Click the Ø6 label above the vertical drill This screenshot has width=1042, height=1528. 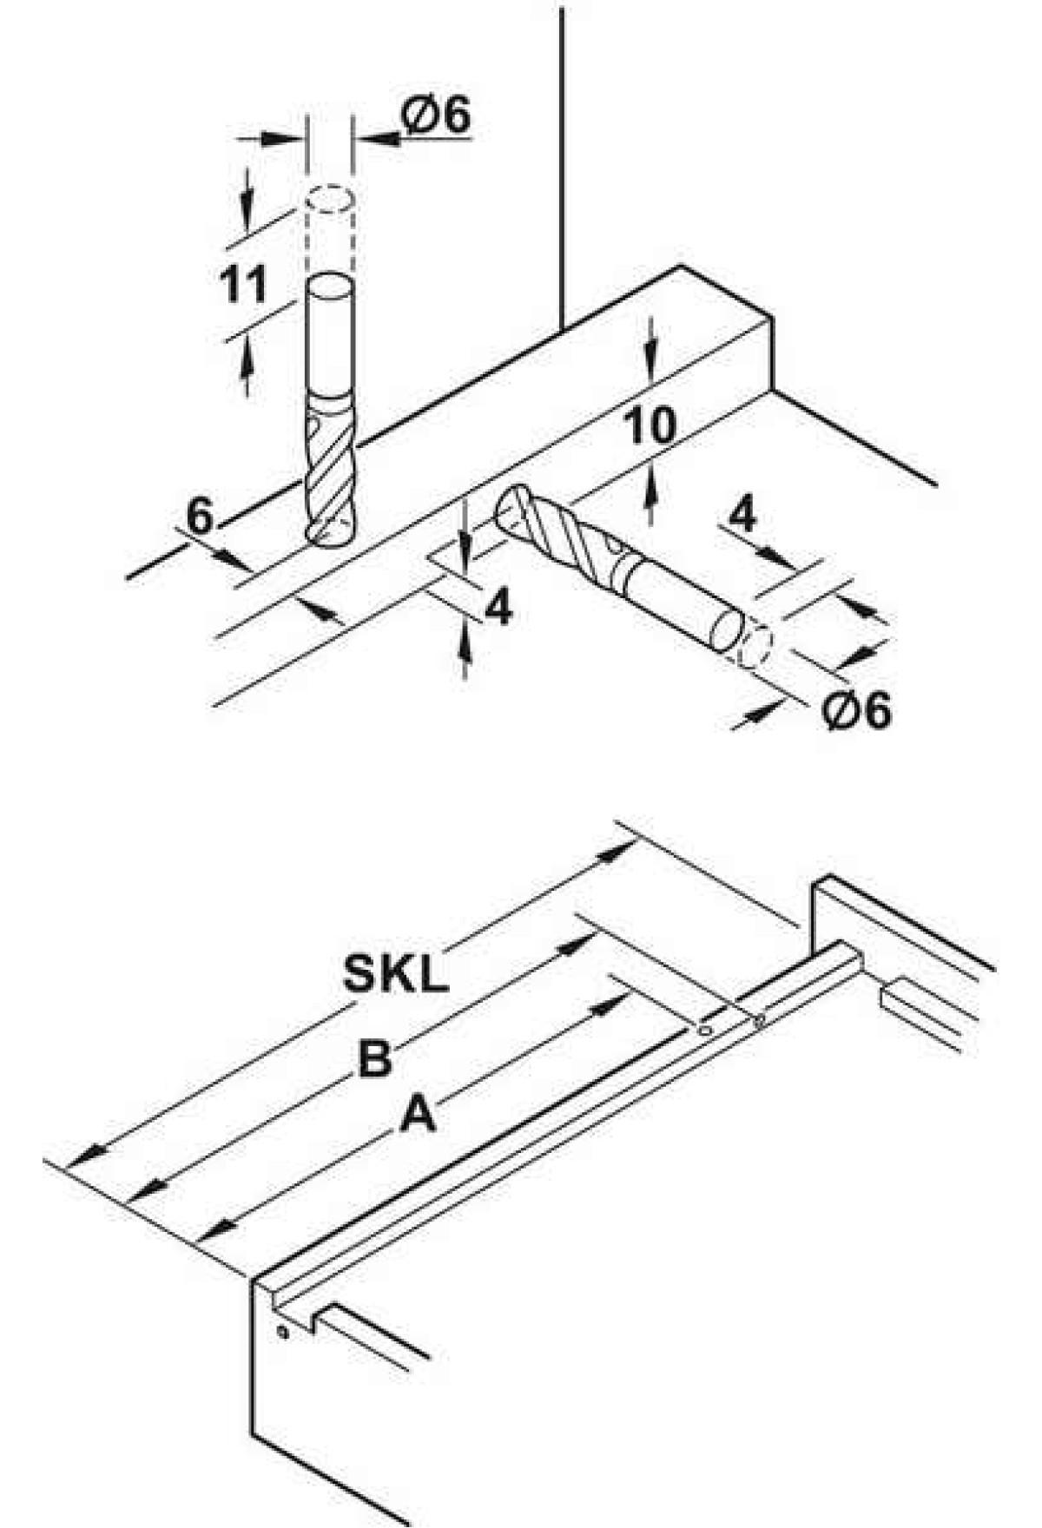tap(437, 115)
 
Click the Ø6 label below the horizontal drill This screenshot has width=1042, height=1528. tap(856, 711)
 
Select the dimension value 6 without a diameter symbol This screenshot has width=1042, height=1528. tap(200, 517)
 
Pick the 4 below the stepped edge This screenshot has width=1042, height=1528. tap(498, 608)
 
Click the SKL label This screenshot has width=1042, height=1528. tap(396, 975)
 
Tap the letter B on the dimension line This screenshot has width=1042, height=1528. tap(375, 1060)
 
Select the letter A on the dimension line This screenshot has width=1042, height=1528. tap(418, 1115)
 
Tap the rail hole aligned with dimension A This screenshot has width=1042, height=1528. tap(705, 1031)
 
